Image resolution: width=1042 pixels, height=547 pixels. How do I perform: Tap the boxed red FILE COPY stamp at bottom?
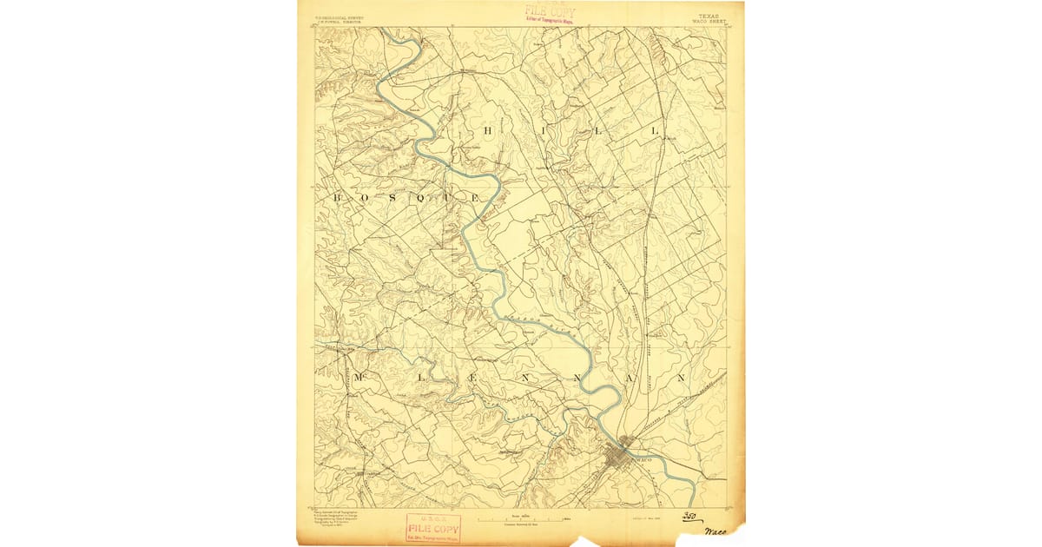point(432,528)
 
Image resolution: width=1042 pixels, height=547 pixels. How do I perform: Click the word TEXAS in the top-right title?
point(709,16)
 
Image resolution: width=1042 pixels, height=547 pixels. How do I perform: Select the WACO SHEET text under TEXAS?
point(709,22)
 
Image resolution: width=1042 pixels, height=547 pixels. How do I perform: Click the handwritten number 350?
point(689,517)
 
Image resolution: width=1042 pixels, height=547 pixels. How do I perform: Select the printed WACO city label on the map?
point(643,458)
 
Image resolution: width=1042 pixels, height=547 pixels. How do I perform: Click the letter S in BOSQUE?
point(393,198)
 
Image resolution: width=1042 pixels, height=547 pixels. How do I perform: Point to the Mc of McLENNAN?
point(359,379)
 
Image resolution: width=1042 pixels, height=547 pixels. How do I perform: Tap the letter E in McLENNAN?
point(472,379)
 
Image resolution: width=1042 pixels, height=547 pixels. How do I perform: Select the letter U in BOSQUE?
point(448,198)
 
